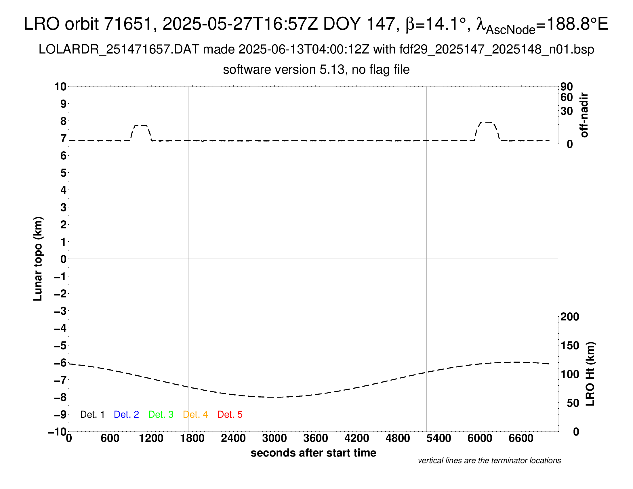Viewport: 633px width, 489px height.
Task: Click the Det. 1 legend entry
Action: [x=92, y=414]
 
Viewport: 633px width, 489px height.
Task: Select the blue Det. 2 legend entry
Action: [x=126, y=414]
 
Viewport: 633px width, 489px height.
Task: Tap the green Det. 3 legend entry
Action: [x=161, y=414]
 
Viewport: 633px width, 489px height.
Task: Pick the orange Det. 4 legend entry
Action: [x=195, y=414]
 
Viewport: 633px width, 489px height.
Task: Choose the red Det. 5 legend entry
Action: [x=230, y=414]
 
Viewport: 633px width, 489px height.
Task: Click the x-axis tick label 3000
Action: [x=274, y=438]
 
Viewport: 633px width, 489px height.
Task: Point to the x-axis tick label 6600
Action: [x=521, y=438]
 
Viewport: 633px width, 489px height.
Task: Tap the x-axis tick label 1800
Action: [x=192, y=438]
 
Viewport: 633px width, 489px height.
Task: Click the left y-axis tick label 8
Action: [x=63, y=121]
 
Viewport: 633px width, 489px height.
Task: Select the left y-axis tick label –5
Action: [x=60, y=345]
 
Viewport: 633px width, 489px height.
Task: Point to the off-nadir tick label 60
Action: [x=567, y=97]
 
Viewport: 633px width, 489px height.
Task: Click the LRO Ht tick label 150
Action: [x=570, y=345]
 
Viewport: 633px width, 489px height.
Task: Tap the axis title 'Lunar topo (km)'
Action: [x=38, y=259]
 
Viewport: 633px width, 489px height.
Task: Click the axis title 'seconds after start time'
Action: [x=313, y=453]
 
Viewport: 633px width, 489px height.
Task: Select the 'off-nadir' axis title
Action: [x=584, y=115]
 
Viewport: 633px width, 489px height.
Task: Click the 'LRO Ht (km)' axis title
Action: [x=590, y=374]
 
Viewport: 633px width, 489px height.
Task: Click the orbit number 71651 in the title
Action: [x=128, y=24]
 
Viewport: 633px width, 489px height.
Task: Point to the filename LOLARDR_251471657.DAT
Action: [x=119, y=49]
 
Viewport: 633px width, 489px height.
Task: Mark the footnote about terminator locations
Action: [x=489, y=461]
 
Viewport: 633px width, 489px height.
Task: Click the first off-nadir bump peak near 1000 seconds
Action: [x=141, y=125]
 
